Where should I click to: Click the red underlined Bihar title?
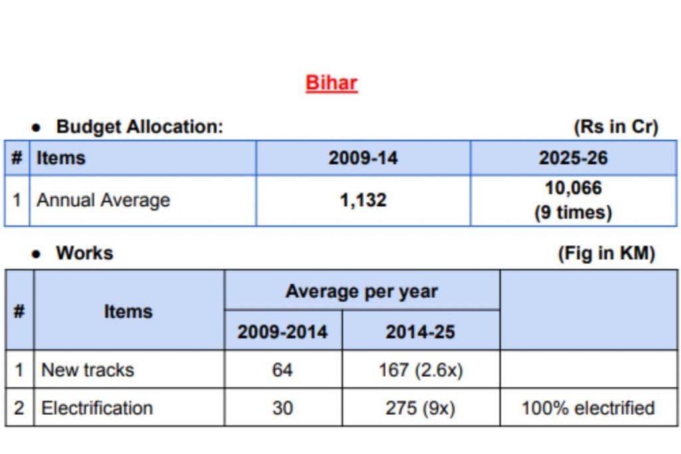[331, 83]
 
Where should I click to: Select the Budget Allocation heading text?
[140, 126]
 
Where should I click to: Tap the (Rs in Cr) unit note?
[615, 126]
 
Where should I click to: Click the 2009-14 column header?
[362, 158]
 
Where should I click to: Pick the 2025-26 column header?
[573, 158]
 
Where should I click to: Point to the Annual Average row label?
[103, 200]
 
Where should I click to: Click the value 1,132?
[362, 200]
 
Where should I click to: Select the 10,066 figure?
[573, 188]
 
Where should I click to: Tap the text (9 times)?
[573, 213]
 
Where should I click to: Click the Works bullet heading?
[84, 253]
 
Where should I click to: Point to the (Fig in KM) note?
[607, 253]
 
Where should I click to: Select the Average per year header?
[362, 291]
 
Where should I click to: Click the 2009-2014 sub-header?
[283, 331]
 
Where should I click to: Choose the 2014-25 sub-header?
[420, 331]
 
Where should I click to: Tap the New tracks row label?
[88, 370]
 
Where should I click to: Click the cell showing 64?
[283, 370]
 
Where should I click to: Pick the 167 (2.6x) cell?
[420, 370]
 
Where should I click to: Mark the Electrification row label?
[97, 407]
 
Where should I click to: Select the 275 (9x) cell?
[420, 407]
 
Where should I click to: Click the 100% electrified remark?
[588, 407]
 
